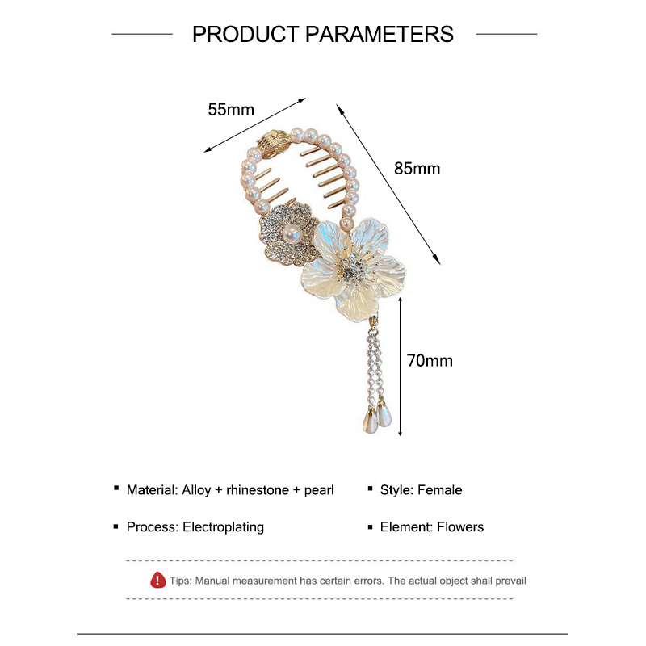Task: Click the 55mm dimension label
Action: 231,110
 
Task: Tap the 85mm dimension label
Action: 417,169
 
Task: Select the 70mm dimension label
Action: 430,361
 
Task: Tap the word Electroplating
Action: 224,527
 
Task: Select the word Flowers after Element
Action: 460,527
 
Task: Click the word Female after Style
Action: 440,490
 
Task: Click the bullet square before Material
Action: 117,490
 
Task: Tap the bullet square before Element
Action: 371,527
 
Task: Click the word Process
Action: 151,527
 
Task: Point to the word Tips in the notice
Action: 180,581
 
